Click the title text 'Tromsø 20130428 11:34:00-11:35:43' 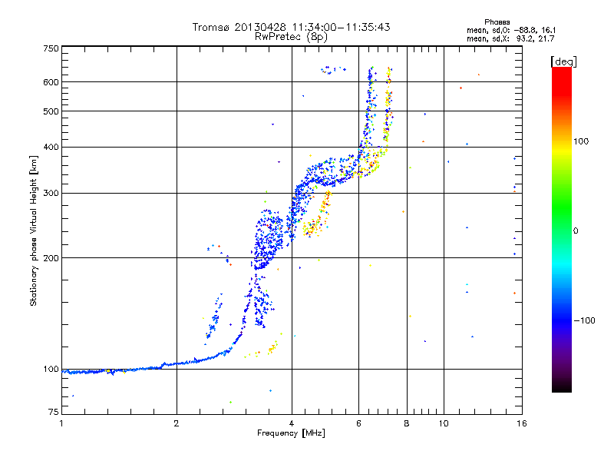(291, 27)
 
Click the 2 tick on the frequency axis (177, 423)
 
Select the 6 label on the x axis (358, 423)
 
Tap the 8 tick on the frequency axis (407, 423)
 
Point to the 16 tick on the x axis (520, 423)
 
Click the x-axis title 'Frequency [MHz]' (290, 433)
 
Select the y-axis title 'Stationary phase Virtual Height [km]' (34, 230)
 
